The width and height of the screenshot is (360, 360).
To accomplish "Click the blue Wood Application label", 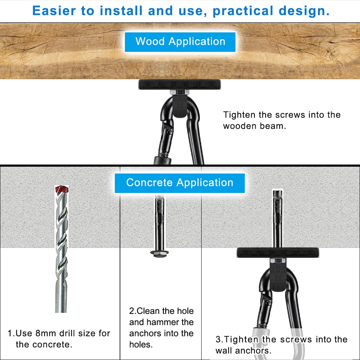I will point(180,42).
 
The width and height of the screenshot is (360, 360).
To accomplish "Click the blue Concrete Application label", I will point(180,183).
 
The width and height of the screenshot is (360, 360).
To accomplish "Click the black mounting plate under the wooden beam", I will point(179,85).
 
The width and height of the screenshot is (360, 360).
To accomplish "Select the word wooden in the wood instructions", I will point(240,126).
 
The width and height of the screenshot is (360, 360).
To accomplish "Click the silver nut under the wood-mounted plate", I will point(179,93).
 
